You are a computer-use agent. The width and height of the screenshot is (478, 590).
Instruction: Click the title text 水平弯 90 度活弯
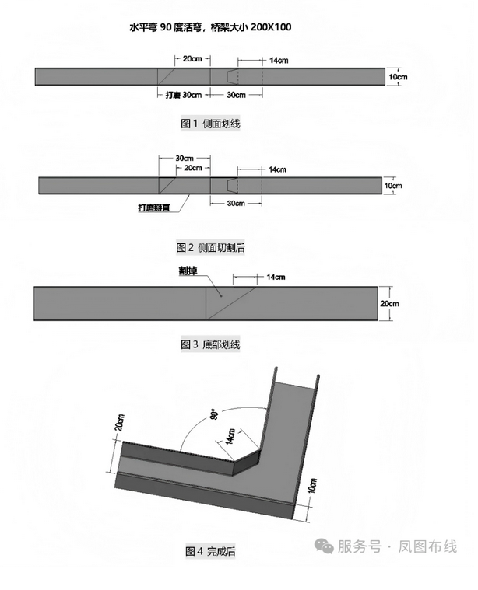181,26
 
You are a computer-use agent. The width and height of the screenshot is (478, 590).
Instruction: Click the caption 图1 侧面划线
206,124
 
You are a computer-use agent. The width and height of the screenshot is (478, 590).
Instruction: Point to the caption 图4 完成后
210,552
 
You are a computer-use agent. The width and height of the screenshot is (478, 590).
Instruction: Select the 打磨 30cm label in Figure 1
185,95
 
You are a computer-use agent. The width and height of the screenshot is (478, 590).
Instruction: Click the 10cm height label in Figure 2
392,186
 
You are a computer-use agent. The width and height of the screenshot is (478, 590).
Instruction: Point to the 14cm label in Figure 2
277,169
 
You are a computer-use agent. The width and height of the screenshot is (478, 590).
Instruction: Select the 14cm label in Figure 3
276,277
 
